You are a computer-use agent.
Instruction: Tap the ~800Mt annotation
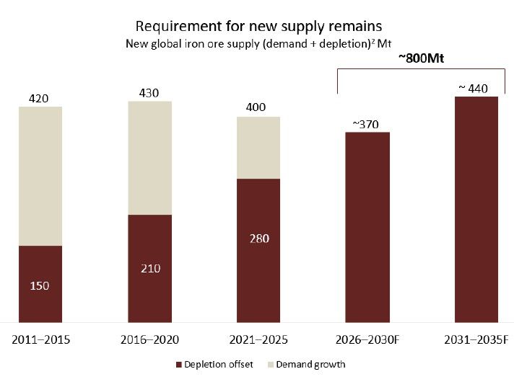pos(421,60)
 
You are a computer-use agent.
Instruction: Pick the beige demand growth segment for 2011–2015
pos(40,176)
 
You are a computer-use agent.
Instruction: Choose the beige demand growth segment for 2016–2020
pos(150,158)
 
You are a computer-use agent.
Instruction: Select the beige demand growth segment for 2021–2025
pos(258,148)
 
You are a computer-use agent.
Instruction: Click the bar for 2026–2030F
pos(367,227)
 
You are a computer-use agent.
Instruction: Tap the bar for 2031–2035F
pos(476,209)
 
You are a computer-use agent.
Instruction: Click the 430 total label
pos(149,92)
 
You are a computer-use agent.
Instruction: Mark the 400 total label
pos(256,107)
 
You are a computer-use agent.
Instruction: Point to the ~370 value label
pos(366,124)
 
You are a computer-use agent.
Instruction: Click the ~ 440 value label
pos(474,89)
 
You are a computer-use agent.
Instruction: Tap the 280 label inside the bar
pos(258,239)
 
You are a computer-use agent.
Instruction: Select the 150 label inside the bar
pos(40,285)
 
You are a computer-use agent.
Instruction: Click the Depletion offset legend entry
pos(214,365)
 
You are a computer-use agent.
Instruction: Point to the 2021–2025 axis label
pos(258,339)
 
